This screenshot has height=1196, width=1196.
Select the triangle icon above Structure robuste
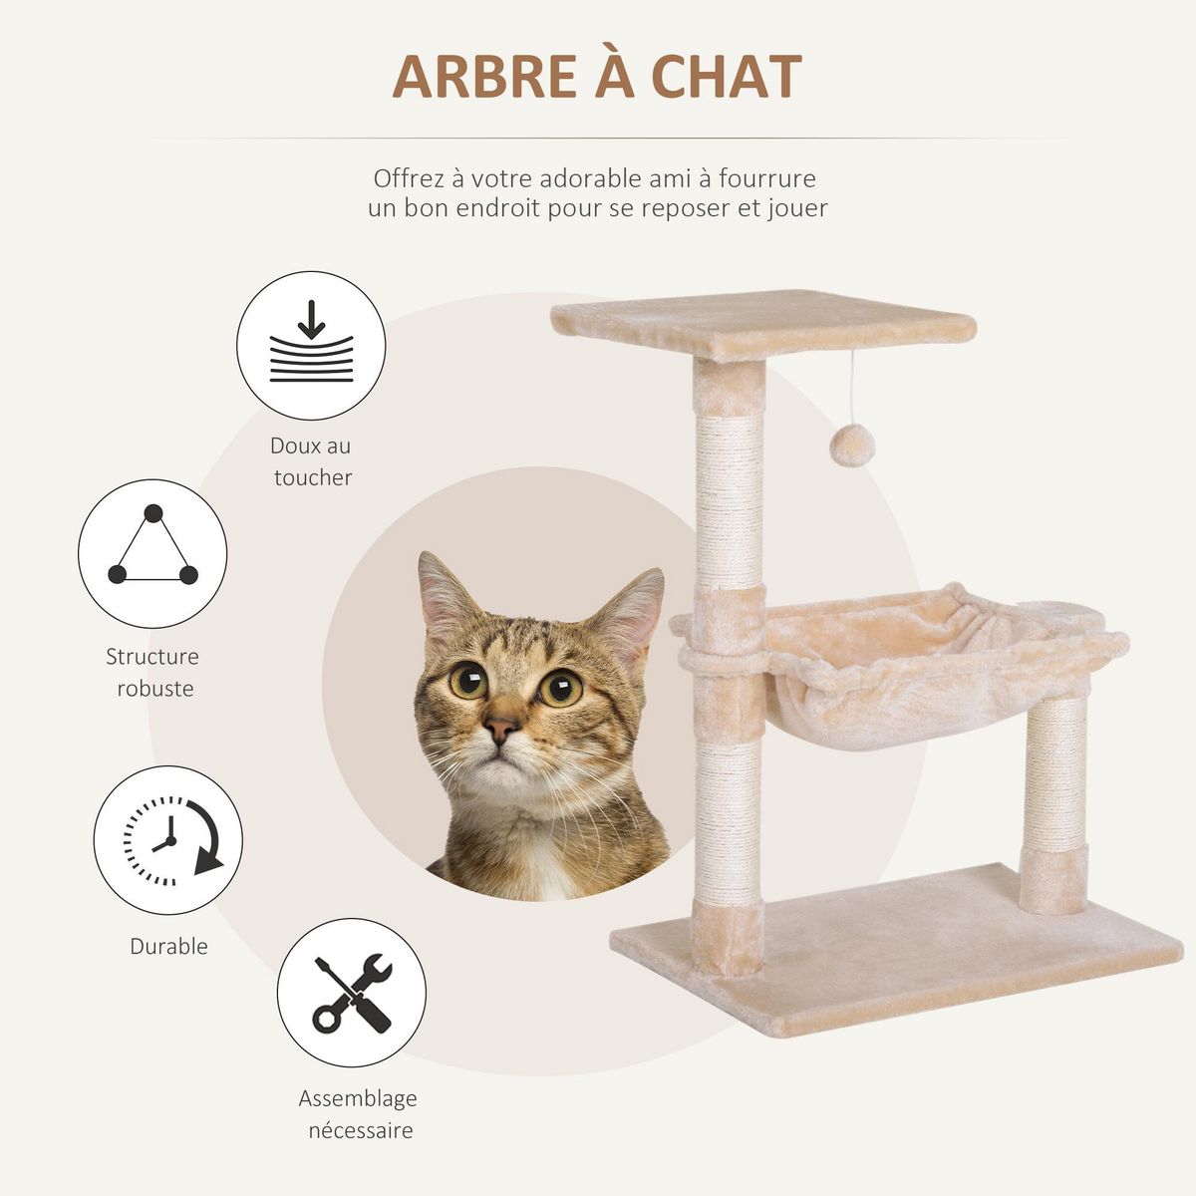152,553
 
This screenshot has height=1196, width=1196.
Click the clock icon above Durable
168,840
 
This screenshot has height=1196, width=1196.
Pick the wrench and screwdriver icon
352,993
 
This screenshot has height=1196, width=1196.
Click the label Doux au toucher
312,461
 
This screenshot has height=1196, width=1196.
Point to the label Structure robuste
152,672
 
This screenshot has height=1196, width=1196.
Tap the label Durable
168,946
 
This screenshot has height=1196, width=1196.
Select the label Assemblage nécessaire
359,1114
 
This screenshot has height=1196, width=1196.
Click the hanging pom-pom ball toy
853,446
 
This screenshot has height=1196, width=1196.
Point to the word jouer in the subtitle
796,209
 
